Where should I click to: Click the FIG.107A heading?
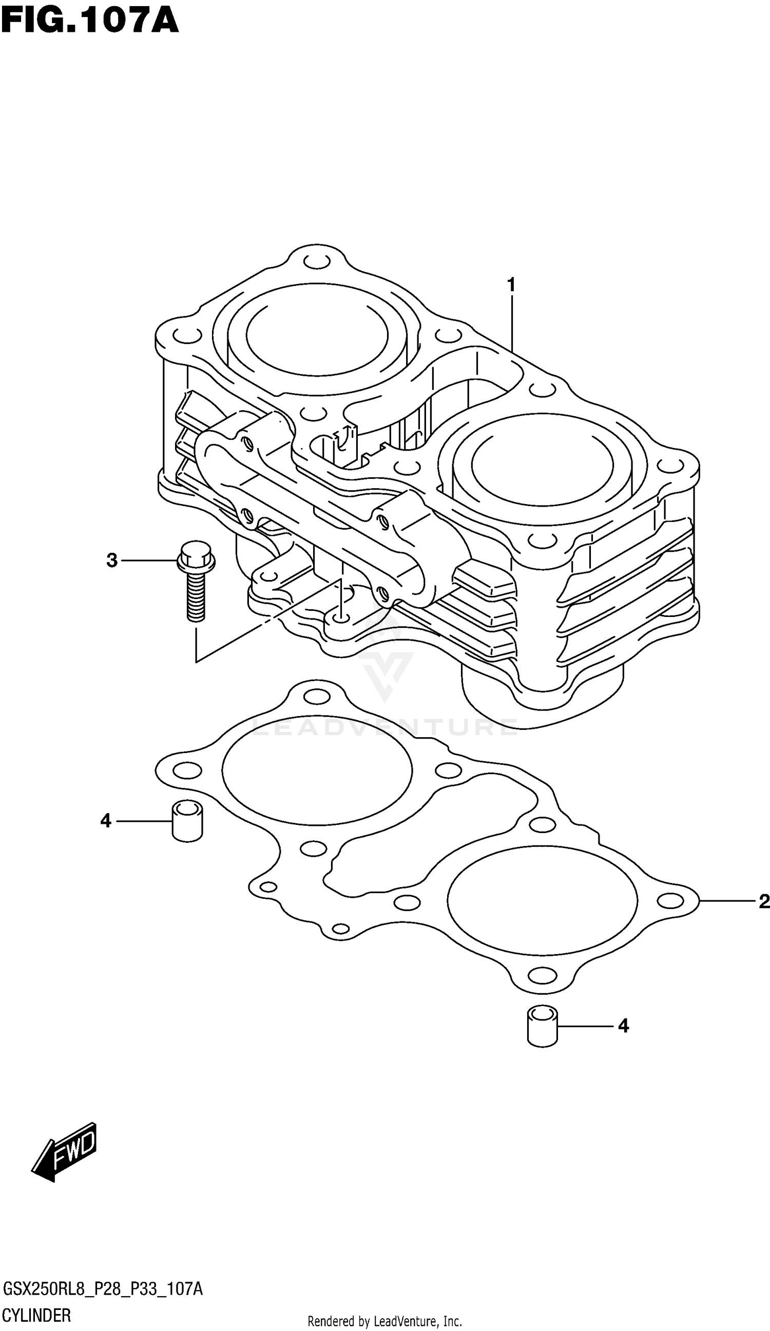pyautogui.click(x=90, y=21)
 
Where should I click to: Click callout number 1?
pyautogui.click(x=511, y=285)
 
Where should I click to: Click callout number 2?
pyautogui.click(x=764, y=901)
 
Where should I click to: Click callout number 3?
pyautogui.click(x=111, y=560)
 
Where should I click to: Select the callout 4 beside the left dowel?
pyautogui.click(x=106, y=821)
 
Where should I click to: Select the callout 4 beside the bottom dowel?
pyautogui.click(x=623, y=1026)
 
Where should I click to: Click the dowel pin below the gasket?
pyautogui.click(x=543, y=1026)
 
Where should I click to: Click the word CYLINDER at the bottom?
pyautogui.click(x=37, y=1315)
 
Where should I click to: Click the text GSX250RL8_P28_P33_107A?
pyautogui.click(x=103, y=1289)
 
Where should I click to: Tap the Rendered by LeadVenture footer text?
pyautogui.click(x=384, y=1321)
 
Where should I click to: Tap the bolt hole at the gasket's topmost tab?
pyautogui.click(x=317, y=697)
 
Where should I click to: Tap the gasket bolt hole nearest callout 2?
pyautogui.click(x=670, y=900)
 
